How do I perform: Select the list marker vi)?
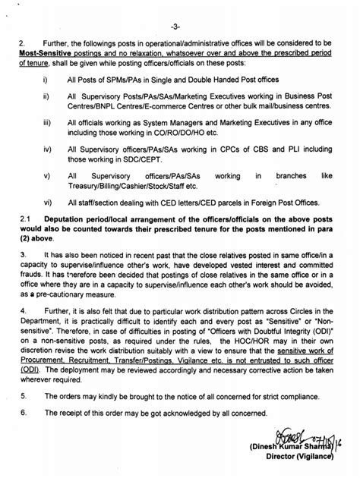click(x=49, y=203)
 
